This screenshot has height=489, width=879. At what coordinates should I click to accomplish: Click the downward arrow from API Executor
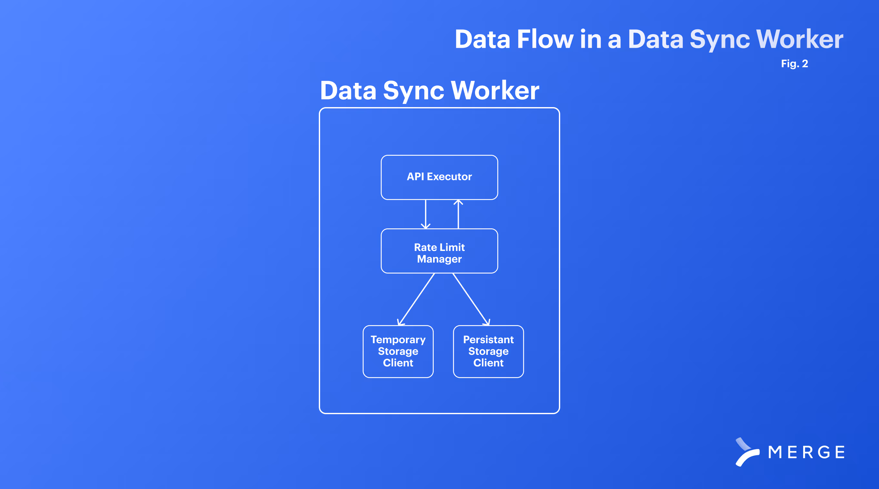[x=426, y=214]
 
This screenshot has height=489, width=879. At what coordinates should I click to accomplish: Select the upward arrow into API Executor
[x=458, y=214]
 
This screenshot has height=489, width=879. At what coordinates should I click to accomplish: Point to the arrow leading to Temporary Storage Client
[x=416, y=299]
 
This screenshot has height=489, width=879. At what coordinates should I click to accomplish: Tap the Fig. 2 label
[x=794, y=64]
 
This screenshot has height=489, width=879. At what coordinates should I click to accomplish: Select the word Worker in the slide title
[x=800, y=39]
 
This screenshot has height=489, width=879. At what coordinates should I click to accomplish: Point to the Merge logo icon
[x=747, y=452]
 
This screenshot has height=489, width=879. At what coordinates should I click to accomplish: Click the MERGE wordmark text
[x=806, y=453]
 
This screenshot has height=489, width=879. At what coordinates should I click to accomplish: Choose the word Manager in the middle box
[x=439, y=259]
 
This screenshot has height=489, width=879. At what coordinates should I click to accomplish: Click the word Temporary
[x=398, y=340]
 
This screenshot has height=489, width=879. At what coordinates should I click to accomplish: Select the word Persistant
[x=488, y=340]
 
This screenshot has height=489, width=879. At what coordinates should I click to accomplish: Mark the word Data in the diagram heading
[x=348, y=91]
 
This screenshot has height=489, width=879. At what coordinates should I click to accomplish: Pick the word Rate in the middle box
[x=425, y=247]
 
